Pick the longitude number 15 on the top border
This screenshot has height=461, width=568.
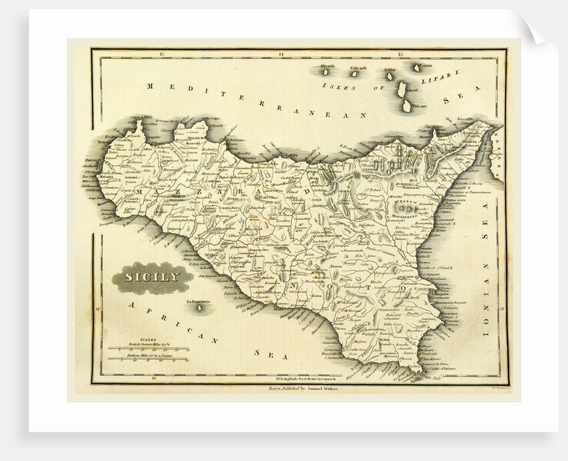400,53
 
